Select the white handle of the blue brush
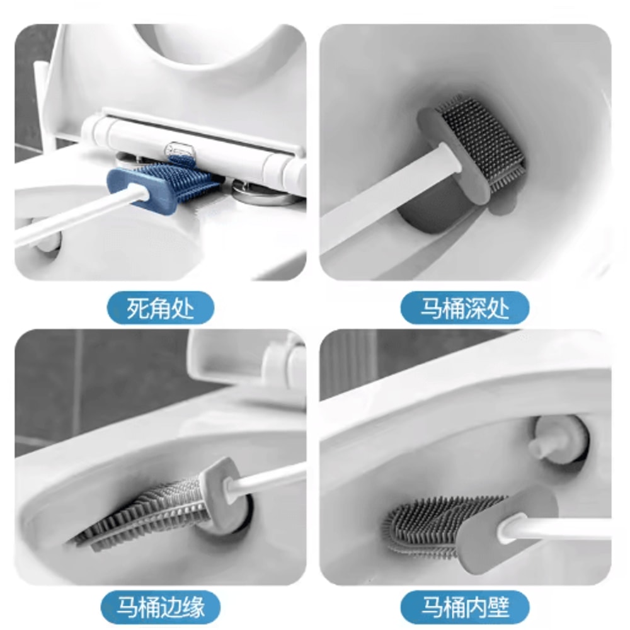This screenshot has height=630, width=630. point(69,217)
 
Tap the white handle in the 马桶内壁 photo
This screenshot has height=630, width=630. point(561,529)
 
